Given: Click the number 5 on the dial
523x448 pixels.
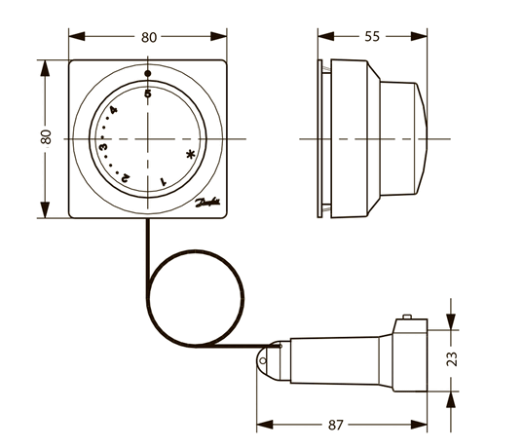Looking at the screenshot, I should coord(148,94).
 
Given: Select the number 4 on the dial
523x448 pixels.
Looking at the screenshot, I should coord(114,111).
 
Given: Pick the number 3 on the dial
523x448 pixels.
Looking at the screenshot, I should coord(102,146).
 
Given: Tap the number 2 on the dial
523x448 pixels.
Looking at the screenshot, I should coord(127,177).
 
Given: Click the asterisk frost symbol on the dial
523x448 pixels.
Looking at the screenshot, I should coord(191,153).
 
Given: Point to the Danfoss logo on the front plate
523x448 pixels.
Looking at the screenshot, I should coord(208,205).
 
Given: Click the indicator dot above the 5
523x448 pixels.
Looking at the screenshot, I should coord(148,74).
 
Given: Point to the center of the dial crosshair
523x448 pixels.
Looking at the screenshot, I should coord(148,140).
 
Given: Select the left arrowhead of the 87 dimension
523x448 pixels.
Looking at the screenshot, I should coord(260,426).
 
